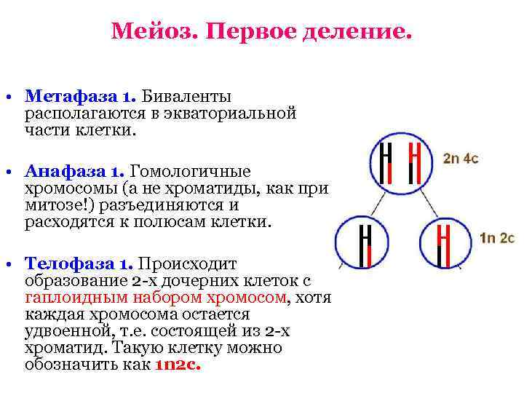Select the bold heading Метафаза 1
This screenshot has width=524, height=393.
pos(79,96)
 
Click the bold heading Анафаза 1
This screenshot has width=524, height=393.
pos(75,172)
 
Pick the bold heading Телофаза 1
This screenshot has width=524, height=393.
pos(79,264)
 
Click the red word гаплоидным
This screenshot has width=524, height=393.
pos(68,298)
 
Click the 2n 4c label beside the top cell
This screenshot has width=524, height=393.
pos(461,157)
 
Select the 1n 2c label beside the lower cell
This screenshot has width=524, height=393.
pos(497,239)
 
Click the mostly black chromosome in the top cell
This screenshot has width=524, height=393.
pos(386,164)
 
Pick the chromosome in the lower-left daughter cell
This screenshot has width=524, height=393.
pos(365,245)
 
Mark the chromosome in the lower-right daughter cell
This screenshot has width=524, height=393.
pos(442,245)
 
